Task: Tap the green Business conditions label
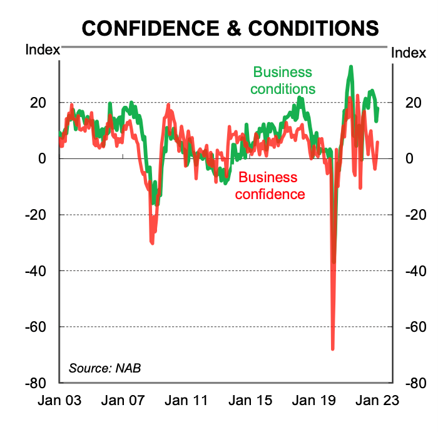tap(283, 81)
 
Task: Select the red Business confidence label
tap(270, 185)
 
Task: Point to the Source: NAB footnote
tap(104, 368)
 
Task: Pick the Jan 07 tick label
tap(123, 400)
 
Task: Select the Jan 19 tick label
tap(315, 400)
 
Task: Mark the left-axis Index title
tap(42, 50)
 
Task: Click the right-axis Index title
tap(409, 54)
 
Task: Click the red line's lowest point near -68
tap(333, 349)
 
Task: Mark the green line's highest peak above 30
tap(351, 66)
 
